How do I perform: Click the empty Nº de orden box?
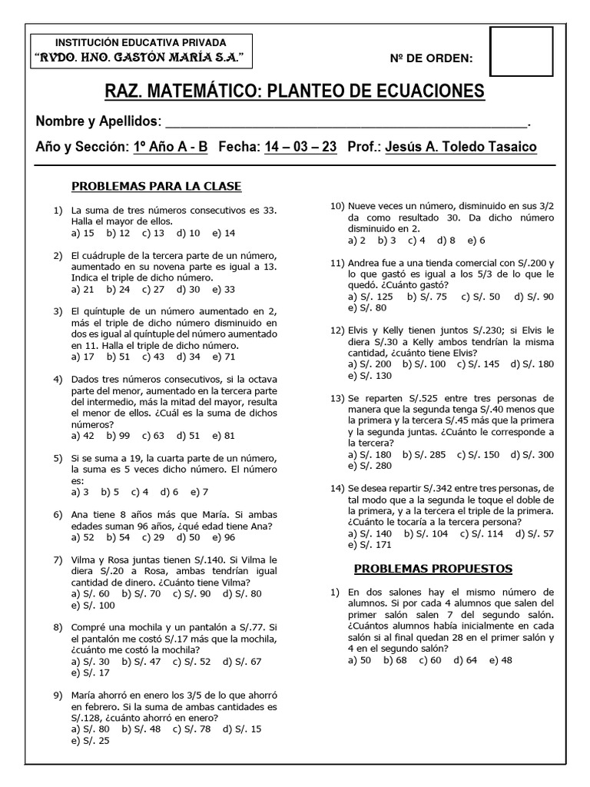[521, 52]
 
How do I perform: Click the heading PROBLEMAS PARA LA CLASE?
[156, 186]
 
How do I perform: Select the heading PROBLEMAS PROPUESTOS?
[433, 569]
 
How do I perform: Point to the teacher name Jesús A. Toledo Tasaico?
[460, 147]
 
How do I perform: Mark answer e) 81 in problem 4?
[224, 435]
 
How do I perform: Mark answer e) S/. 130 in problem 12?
[370, 376]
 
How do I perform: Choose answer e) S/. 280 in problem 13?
[370, 466]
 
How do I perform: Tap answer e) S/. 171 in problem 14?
[370, 545]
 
